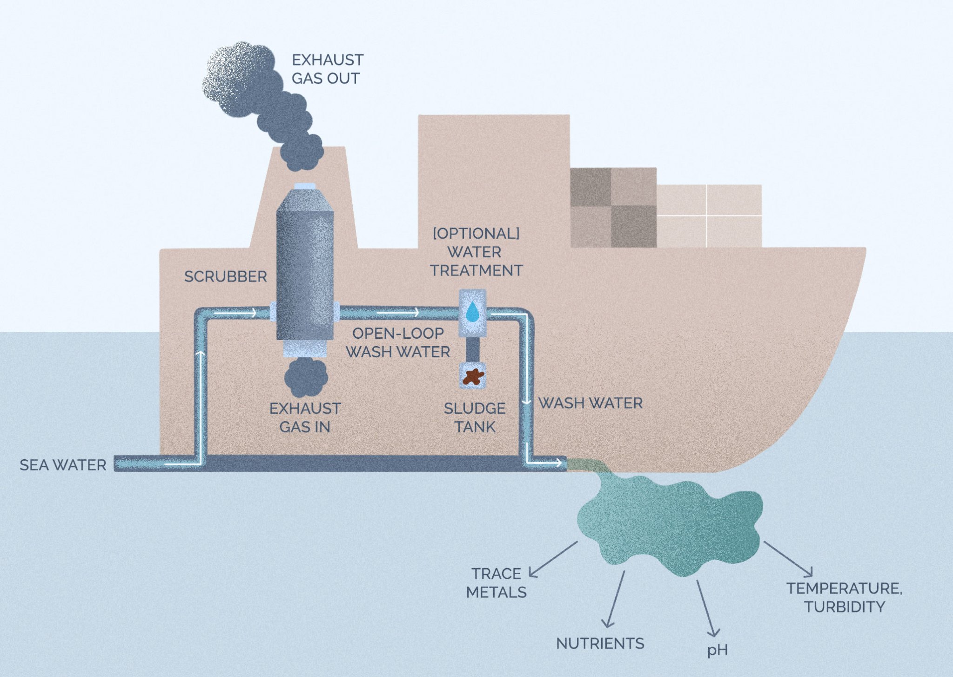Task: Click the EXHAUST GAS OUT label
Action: pos(327,69)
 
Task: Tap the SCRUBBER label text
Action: pos(226,277)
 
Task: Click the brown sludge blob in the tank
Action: pos(473,376)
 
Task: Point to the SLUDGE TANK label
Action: pos(475,417)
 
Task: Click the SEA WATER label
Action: pos(63,465)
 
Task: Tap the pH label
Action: pos(717,650)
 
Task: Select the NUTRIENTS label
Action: pos(600,643)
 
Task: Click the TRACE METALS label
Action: pos(497,583)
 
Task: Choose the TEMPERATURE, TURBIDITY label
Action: pos(844,597)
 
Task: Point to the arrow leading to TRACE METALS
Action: pos(554,558)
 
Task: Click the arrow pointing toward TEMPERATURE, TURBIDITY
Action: pos(788,558)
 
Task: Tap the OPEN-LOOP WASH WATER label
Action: pos(398,342)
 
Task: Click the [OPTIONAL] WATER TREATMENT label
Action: pos(476,252)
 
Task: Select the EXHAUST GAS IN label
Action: pos(305,417)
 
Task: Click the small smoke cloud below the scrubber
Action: pos(306,376)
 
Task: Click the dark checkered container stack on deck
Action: pos(613,208)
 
